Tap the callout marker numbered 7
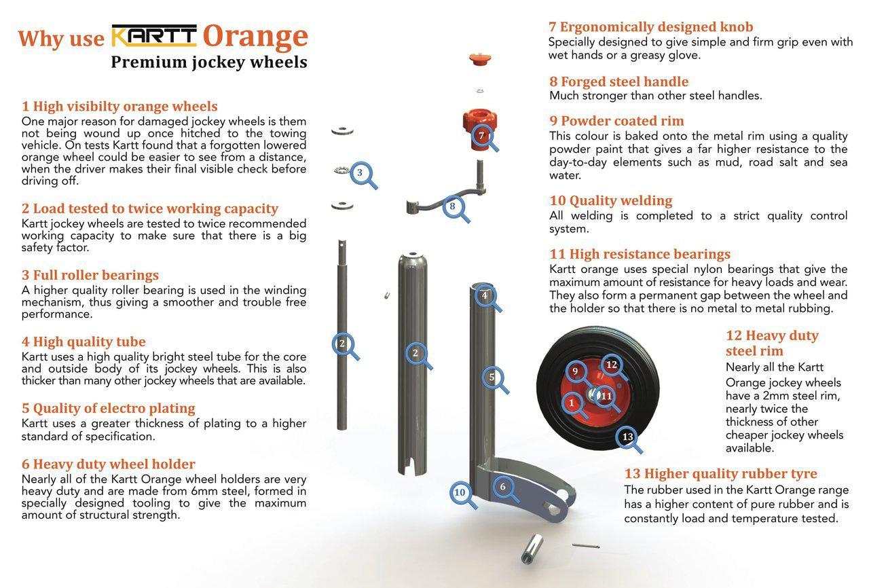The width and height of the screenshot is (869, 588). tap(481, 135)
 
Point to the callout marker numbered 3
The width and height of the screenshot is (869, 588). tap(360, 172)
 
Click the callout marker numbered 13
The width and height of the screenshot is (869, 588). tap(627, 437)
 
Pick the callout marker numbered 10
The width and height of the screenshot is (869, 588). tap(460, 492)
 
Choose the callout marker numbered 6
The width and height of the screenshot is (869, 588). tap(502, 486)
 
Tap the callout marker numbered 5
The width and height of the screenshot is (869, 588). tap(492, 378)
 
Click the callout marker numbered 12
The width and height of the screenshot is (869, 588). tap(612, 365)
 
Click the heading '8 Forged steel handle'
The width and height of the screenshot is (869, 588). tap(618, 81)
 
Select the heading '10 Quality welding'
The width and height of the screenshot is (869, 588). tap(610, 200)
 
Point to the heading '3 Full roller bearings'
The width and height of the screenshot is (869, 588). tap(90, 275)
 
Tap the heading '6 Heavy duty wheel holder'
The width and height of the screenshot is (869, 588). tap(108, 464)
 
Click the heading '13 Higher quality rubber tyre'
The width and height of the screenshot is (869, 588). tap(720, 473)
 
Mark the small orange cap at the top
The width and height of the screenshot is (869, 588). tap(479, 59)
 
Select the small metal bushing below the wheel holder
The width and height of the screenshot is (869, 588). tap(530, 549)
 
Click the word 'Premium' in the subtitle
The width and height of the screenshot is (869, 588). tap(141, 62)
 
